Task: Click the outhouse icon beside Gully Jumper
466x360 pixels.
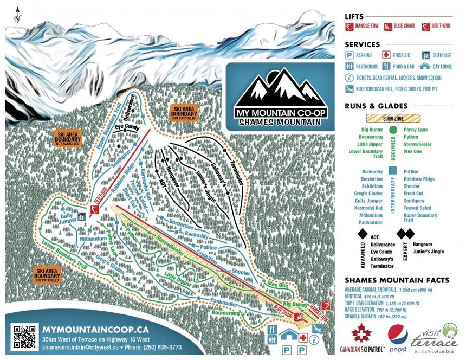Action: pos(81,216)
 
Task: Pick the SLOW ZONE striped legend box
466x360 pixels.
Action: pos(393,118)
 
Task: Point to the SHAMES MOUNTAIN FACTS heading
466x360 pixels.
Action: pos(397,280)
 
